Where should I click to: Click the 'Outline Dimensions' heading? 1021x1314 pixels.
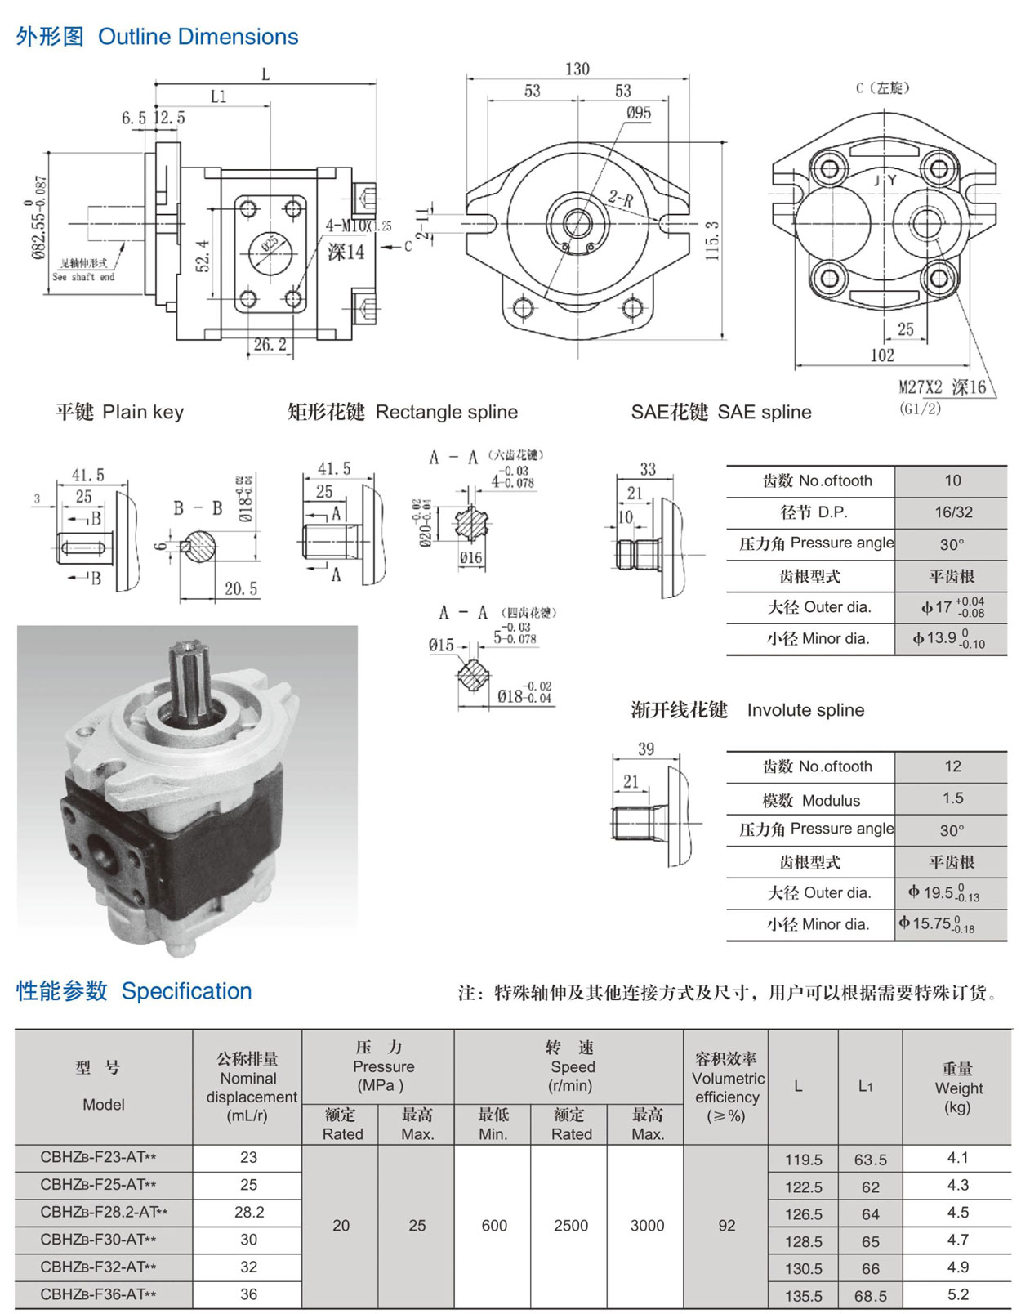click(x=198, y=37)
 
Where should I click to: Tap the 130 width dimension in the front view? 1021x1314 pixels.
click(x=577, y=69)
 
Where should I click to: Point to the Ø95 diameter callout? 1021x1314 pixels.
click(x=638, y=113)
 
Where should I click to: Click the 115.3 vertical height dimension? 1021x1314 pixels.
click(x=712, y=240)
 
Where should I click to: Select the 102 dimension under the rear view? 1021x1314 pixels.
click(x=882, y=355)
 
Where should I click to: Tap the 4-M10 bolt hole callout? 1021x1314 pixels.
click(x=358, y=226)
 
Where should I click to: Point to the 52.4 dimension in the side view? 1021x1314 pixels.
click(x=203, y=256)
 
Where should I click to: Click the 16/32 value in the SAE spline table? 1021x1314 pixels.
click(x=953, y=512)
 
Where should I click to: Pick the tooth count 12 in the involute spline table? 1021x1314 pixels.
click(x=952, y=766)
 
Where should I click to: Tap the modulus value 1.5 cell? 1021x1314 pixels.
click(x=952, y=798)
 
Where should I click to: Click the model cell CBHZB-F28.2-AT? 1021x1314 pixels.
click(x=104, y=1212)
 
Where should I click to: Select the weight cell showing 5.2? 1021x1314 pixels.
click(x=957, y=1294)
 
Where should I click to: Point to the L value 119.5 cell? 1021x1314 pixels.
click(x=804, y=1160)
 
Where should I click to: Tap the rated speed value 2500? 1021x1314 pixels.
click(x=570, y=1226)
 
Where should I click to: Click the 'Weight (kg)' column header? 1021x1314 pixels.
click(x=957, y=1088)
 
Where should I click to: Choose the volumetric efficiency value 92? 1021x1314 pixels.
click(x=726, y=1226)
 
